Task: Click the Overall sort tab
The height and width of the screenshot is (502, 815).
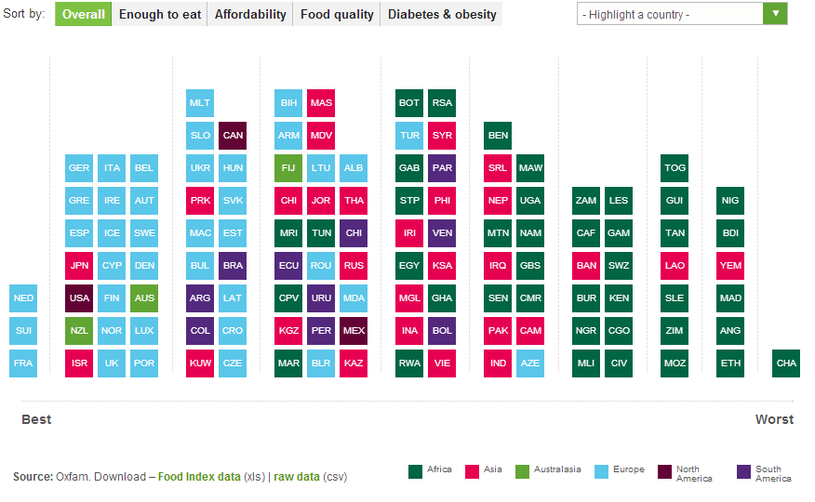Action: [x=84, y=14]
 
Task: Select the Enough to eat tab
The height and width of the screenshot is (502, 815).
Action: [x=160, y=14]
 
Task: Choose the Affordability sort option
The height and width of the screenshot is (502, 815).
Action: [x=250, y=14]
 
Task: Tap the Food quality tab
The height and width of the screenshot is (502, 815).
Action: [x=337, y=14]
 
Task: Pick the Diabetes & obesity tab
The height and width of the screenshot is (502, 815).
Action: [x=442, y=14]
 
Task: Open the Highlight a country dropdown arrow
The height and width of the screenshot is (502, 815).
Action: [x=775, y=14]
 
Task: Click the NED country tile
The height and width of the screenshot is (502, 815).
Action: [x=23, y=298]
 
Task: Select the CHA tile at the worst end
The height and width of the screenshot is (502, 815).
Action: [x=786, y=363]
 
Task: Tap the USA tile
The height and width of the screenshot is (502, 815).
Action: [x=79, y=298]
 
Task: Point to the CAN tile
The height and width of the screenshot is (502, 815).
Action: [x=233, y=136]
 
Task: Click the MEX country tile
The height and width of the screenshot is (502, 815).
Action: [x=354, y=331]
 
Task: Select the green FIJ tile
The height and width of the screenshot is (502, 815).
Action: [x=288, y=168]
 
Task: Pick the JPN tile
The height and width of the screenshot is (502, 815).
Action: [x=79, y=266]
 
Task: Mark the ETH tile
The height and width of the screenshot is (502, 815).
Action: [x=730, y=363]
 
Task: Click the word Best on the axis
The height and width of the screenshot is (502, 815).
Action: [x=36, y=419]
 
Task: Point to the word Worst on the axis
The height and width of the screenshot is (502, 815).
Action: [x=774, y=419]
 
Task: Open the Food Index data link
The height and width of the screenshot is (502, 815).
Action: [x=199, y=477]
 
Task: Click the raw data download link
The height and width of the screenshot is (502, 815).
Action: [x=297, y=477]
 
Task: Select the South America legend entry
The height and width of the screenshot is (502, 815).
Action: [x=768, y=474]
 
